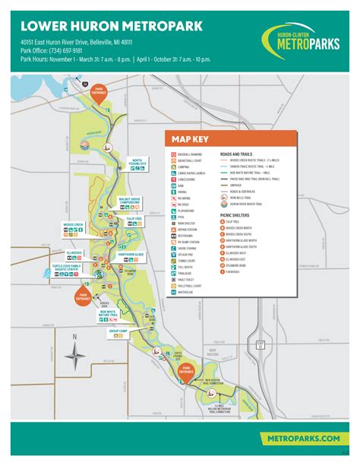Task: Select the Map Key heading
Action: (x=190, y=138)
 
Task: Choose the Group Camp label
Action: (x=118, y=331)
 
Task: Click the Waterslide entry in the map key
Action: (x=188, y=292)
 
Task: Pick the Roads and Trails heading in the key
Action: (x=237, y=154)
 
